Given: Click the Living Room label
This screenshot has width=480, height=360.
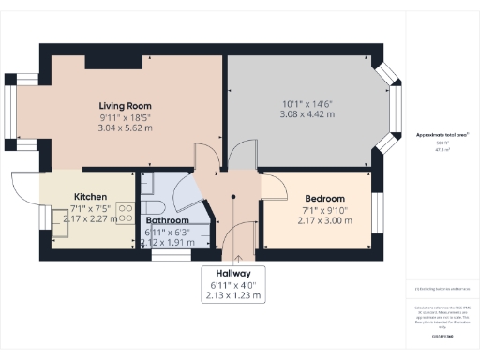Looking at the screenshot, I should pos(125,106).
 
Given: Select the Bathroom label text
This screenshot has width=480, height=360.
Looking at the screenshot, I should pos(168,220).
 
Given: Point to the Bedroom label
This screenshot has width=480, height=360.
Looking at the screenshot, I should pos(323,199).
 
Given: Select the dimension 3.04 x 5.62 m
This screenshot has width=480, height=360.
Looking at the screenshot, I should pos(125,128).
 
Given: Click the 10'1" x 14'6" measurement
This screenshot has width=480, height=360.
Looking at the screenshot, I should pos(308,103).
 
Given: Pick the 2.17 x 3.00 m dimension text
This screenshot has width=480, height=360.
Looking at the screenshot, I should pos(323,221).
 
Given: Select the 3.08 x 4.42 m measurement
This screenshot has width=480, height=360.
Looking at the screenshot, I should pos(308,114).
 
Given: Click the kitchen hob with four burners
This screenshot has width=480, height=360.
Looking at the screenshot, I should pos(125,212).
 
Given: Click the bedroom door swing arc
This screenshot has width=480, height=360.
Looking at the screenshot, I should pos(273,187).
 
